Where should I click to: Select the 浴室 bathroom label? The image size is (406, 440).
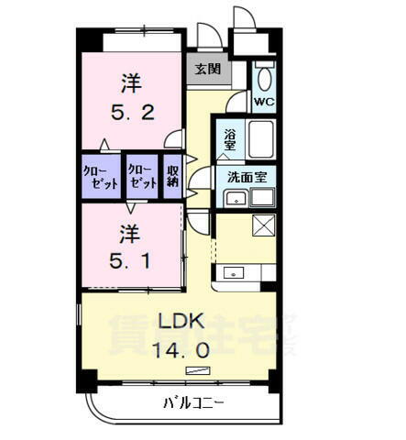click(x=229, y=139)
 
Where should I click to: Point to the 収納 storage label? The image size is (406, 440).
click(x=171, y=175)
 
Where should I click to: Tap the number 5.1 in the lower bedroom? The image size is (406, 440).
click(x=128, y=259)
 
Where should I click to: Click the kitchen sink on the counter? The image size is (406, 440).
click(x=233, y=271)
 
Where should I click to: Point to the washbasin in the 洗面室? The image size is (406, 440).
click(x=236, y=198)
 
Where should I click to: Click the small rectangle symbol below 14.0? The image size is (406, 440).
click(x=196, y=369)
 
